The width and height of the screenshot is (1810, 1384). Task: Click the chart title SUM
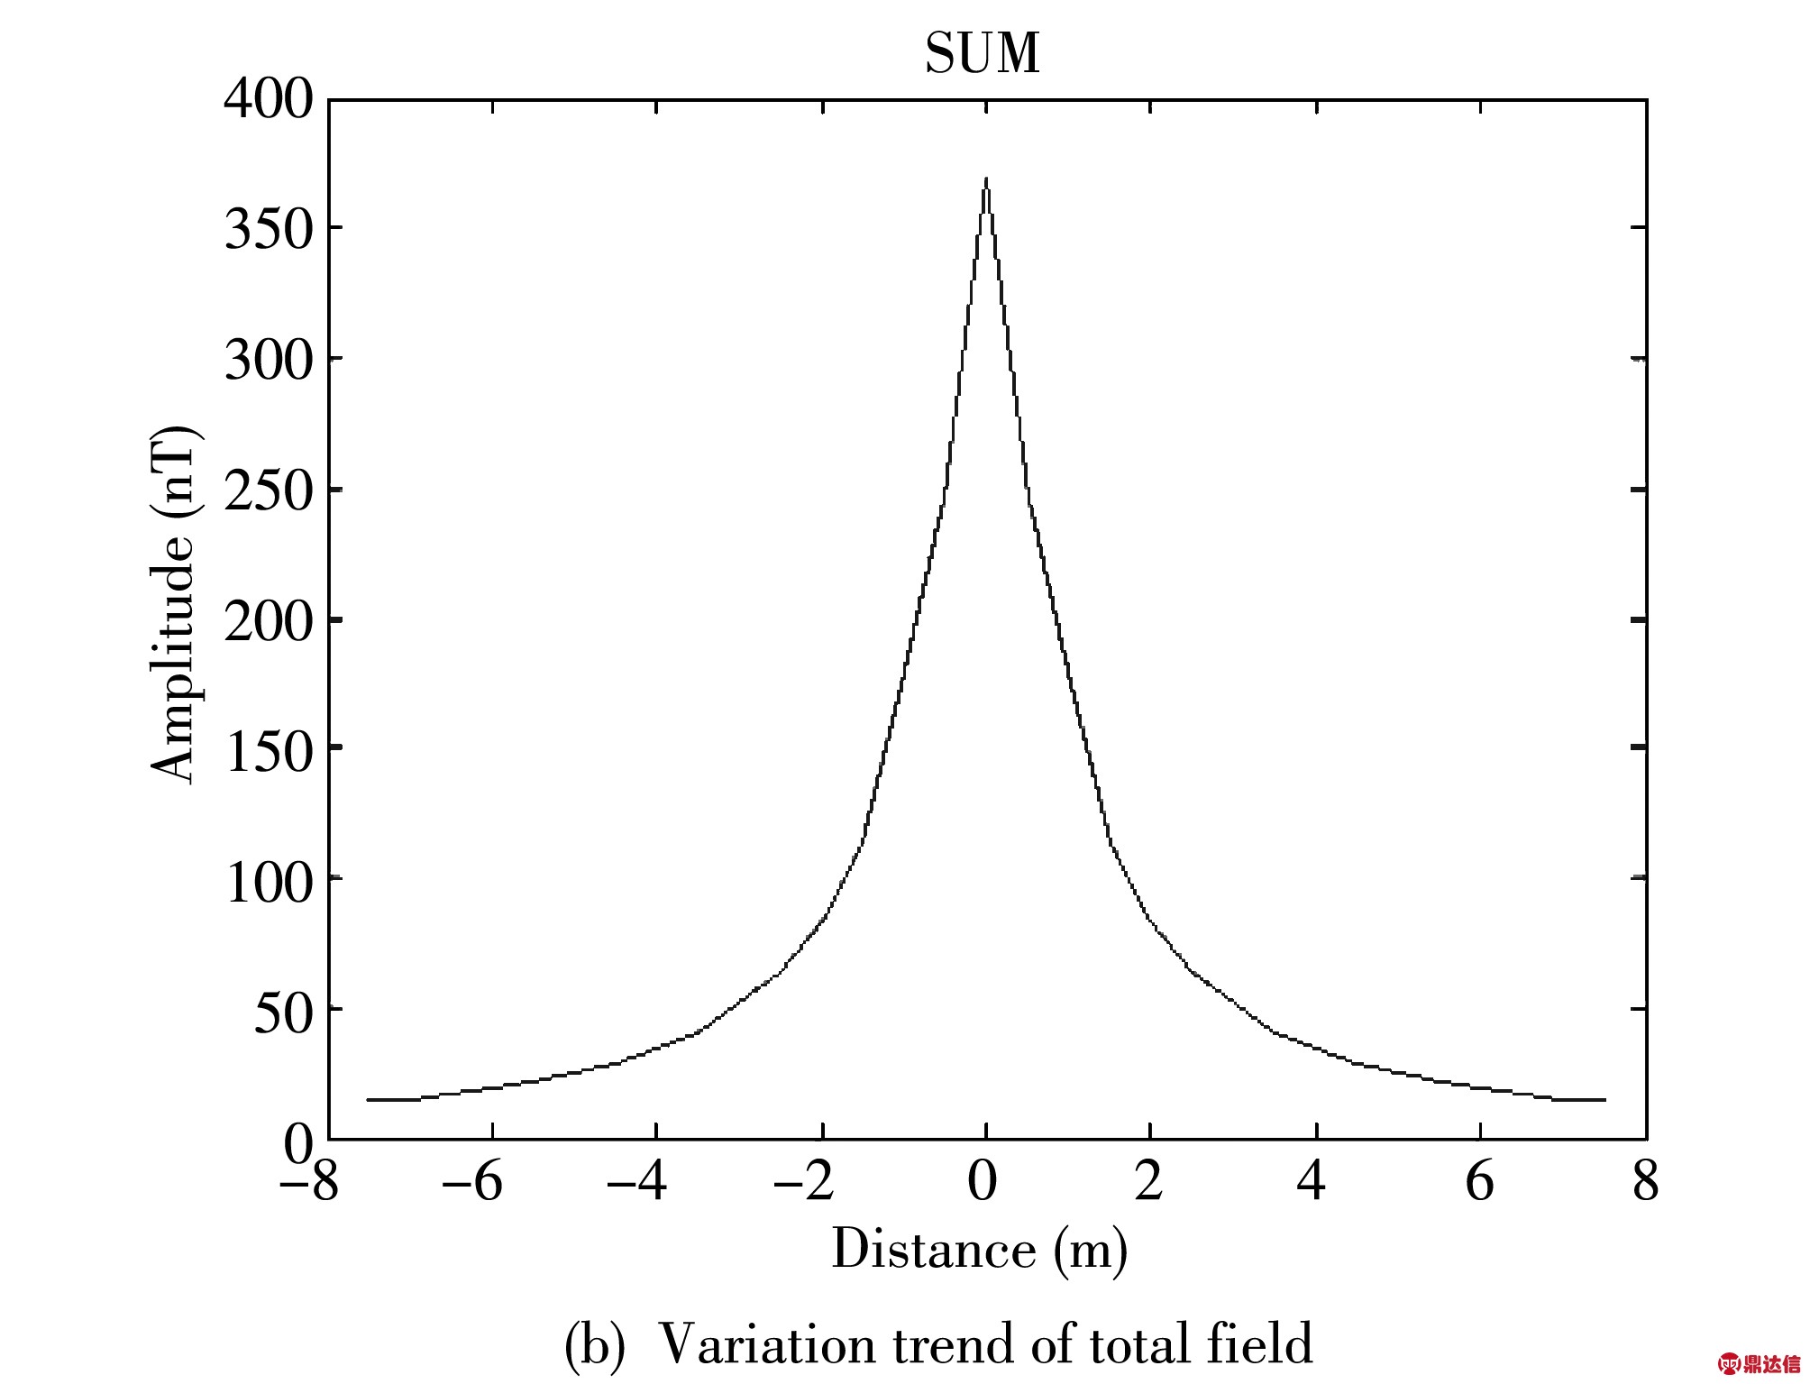983,53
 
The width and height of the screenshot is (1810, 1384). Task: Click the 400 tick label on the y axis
269,98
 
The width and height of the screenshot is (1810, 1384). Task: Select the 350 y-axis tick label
269,229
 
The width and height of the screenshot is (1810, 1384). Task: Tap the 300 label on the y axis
269,360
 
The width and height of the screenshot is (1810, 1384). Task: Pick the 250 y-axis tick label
269,491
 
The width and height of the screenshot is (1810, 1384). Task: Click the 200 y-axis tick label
269,622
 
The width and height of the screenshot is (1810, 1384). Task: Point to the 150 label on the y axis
269,752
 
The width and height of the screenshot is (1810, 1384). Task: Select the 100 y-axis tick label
269,883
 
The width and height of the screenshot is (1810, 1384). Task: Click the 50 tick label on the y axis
283,1013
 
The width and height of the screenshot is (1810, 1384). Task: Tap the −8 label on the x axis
309,1181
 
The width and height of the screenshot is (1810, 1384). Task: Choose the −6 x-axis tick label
472,1181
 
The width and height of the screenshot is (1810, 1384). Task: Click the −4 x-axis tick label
637,1181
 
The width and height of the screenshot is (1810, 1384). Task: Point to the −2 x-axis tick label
804,1181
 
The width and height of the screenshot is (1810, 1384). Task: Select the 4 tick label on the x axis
1312,1181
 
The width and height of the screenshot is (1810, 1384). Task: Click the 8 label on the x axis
1646,1181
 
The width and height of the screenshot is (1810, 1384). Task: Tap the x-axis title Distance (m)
979,1250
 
